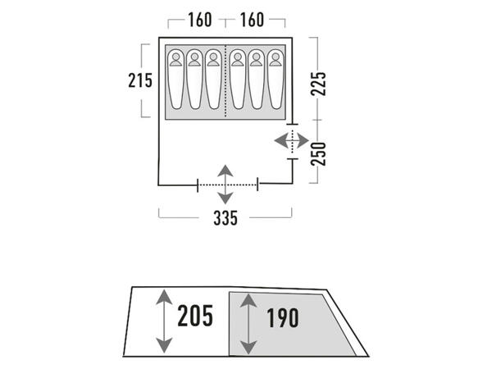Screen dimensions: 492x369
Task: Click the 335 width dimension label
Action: [x=225, y=217]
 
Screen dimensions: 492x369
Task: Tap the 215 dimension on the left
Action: [x=140, y=80]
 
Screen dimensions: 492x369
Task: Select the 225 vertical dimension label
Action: [x=318, y=84]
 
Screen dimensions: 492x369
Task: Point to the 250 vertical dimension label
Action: [x=318, y=154]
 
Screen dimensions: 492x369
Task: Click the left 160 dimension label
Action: [x=200, y=20]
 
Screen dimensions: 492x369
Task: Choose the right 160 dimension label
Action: [x=252, y=20]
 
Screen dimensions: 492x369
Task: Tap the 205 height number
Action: [x=195, y=316]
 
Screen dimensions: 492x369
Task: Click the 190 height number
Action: [x=283, y=318]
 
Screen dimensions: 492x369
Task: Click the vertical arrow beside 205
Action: [x=164, y=321]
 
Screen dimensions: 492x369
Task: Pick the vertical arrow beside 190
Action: [x=248, y=324]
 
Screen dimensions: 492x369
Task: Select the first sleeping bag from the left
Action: [x=175, y=79]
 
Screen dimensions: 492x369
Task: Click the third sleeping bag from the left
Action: [x=213, y=79]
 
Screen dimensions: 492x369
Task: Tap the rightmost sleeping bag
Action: [x=276, y=79]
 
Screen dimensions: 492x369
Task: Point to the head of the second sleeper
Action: [x=194, y=57]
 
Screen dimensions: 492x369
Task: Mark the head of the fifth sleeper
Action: [x=257, y=57]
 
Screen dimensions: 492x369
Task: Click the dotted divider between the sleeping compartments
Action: [x=225, y=81]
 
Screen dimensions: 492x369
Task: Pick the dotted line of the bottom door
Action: [x=227, y=184]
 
